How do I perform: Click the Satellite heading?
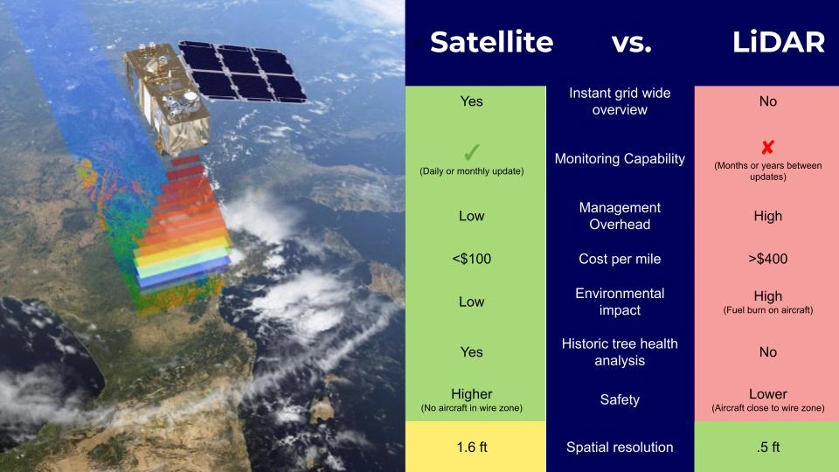pos(491,42)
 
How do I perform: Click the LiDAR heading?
pos(779,42)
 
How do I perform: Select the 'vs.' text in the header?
pos(632,42)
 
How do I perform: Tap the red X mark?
pos(767,148)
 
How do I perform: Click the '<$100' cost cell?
pos(471,259)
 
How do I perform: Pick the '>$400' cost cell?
pos(767,259)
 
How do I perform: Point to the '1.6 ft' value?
pos(471,447)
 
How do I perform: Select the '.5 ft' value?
pos(767,447)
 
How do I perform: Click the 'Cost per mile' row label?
pos(620,259)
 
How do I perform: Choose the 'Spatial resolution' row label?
pos(620,447)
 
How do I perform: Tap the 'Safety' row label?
pos(620,399)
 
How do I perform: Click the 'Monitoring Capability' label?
pos(620,158)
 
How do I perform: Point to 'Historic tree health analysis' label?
pos(620,351)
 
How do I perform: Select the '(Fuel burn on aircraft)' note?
pos(767,310)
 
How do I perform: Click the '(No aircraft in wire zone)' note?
pos(471,408)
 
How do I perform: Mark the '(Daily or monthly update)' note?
pos(471,170)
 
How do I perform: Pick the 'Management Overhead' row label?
pos(620,216)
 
